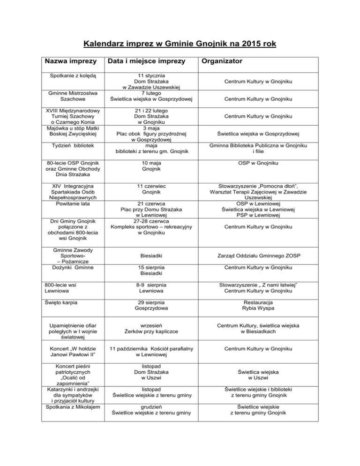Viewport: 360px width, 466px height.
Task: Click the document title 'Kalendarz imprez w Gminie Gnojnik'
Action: point(180,45)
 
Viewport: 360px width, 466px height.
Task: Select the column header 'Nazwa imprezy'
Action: point(70,61)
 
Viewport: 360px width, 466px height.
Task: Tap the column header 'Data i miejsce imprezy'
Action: point(148,61)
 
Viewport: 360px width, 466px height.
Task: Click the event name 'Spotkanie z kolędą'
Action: point(70,75)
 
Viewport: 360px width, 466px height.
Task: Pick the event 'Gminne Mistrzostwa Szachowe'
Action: point(70,96)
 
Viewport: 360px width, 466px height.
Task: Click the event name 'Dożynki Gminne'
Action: point(70,267)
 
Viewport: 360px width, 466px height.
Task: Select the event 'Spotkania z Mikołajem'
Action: point(70,406)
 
